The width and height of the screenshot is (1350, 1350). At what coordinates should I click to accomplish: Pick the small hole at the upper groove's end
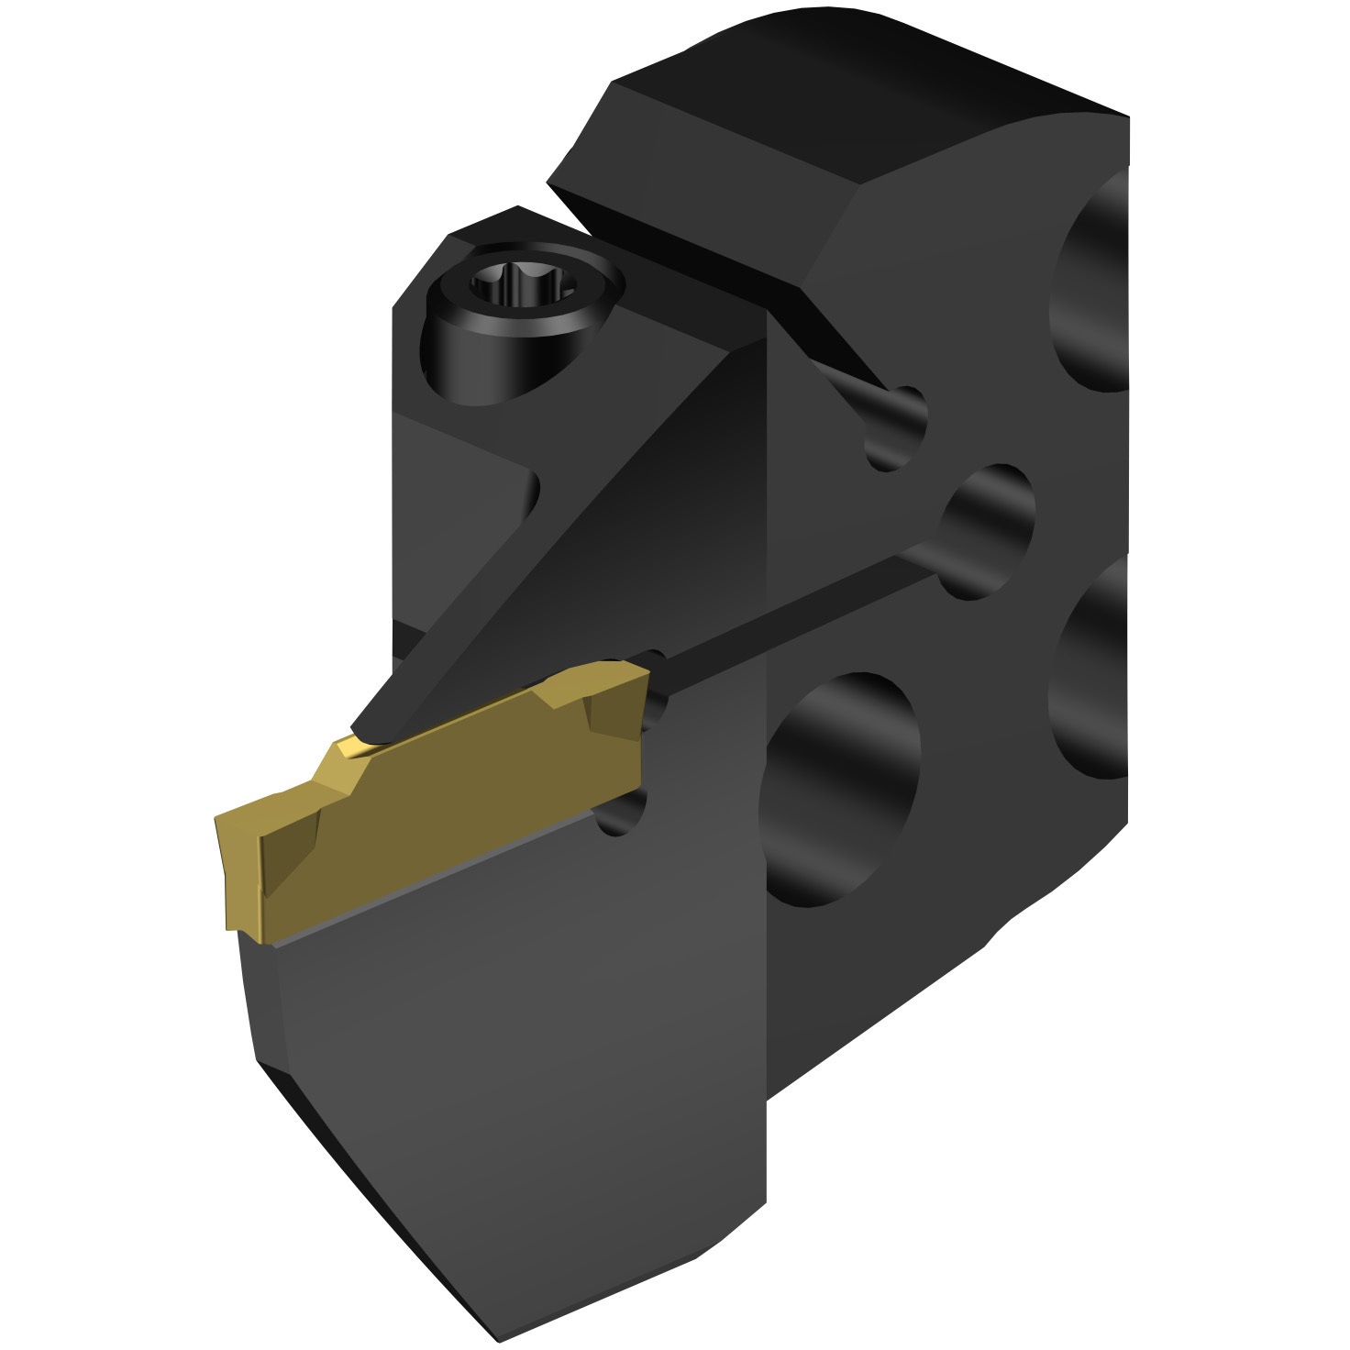tap(899, 427)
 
